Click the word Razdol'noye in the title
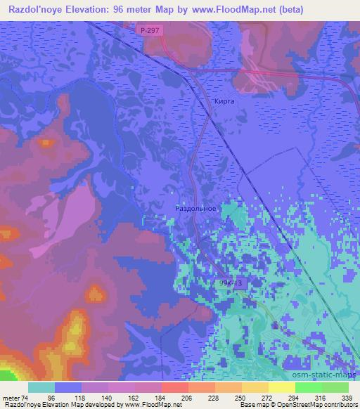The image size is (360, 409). [37, 9]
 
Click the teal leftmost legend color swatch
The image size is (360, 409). [43, 387]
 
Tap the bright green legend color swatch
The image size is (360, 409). [309, 387]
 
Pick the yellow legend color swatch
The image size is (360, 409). [282, 387]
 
